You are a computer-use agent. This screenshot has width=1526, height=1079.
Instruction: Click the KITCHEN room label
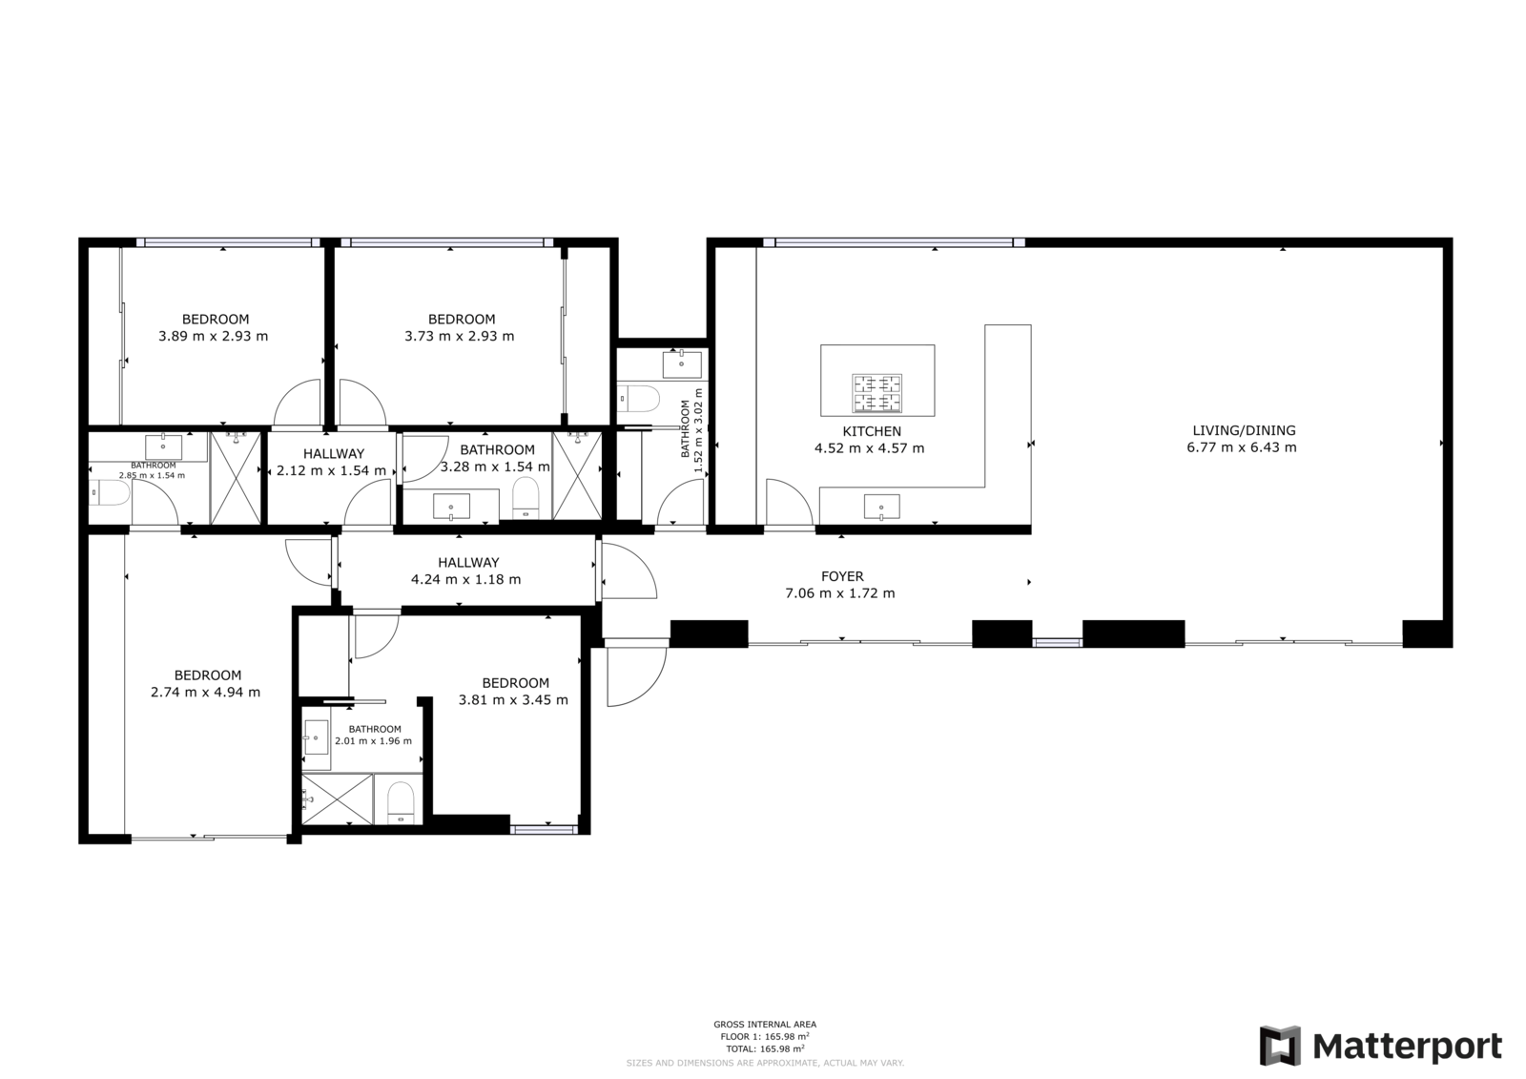click(872, 431)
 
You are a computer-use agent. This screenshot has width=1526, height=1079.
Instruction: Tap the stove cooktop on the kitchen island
click(876, 393)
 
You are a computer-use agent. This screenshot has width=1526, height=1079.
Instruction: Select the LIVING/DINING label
click(1244, 431)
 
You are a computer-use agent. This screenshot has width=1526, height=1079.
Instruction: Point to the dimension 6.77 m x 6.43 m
click(1242, 447)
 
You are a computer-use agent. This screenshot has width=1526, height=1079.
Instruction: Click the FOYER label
click(843, 576)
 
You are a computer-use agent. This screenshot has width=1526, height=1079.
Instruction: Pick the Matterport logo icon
click(1280, 1046)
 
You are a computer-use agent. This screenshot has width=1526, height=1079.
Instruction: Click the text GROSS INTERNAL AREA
click(765, 1025)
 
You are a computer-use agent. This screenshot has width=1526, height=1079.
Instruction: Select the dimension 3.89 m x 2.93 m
click(214, 336)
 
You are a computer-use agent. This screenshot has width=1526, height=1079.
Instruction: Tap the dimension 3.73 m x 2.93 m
click(459, 336)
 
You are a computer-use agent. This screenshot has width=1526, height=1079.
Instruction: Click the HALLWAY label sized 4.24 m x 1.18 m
click(468, 563)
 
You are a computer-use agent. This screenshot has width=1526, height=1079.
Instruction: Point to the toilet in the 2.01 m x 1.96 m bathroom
click(401, 803)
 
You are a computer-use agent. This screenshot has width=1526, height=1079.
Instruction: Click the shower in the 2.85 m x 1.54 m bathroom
click(236, 478)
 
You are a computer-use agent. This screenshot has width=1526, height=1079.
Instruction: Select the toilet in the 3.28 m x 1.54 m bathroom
click(526, 497)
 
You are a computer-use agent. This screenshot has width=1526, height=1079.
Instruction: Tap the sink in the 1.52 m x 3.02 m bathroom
click(682, 364)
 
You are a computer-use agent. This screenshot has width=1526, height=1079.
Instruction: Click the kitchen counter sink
click(881, 508)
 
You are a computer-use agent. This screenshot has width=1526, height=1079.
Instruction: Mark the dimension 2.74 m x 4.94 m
click(205, 693)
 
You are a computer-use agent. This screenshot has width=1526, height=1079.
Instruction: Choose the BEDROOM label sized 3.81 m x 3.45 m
click(515, 683)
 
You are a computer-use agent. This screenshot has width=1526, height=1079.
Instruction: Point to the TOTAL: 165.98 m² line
click(765, 1049)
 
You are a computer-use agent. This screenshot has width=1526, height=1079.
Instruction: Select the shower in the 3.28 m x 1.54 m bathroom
click(578, 476)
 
